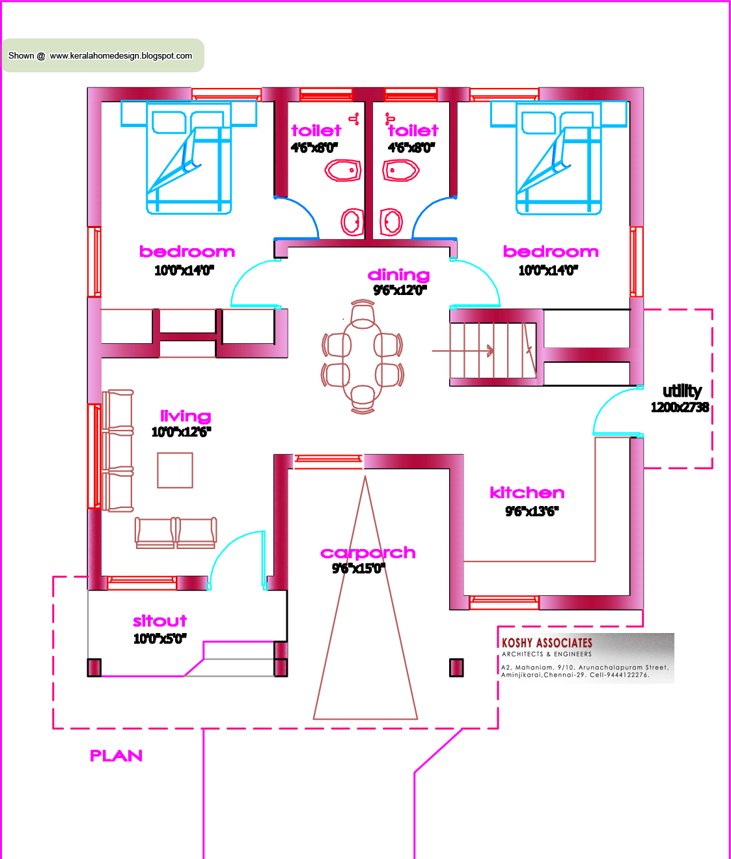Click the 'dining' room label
(398, 275)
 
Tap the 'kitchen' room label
(527, 493)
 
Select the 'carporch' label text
(368, 553)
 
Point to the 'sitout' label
(159, 621)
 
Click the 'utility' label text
(682, 391)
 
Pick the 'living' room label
(186, 416)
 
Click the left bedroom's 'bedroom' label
(187, 252)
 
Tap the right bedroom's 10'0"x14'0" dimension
(547, 270)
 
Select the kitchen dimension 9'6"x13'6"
(531, 511)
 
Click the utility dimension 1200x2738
(680, 408)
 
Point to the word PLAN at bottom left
(116, 755)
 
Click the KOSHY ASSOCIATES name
(547, 643)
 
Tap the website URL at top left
(121, 56)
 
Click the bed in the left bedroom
(189, 160)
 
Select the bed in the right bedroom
(559, 160)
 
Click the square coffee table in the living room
(175, 470)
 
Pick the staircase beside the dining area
(493, 350)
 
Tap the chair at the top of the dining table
(363, 314)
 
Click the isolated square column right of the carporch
(456, 668)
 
